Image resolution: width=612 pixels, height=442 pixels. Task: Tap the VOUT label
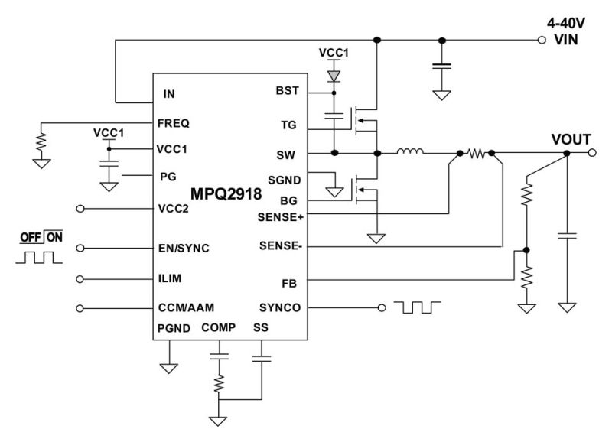[x=571, y=139]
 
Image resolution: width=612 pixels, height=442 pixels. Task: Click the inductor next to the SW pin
[x=410, y=153]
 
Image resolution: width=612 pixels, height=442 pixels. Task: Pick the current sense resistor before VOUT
[x=477, y=153]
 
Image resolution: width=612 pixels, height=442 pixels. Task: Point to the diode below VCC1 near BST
[x=334, y=77]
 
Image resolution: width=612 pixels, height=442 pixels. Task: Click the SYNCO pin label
[x=280, y=308]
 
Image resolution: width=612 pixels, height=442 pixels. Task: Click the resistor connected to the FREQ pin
[x=41, y=141]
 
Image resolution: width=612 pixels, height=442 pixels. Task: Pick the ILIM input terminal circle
[x=81, y=278]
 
